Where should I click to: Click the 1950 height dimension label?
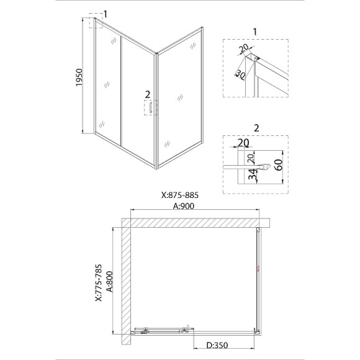coord(79,78)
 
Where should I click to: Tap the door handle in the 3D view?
coord(151,107)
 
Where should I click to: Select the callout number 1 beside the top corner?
coord(105,14)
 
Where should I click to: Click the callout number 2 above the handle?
coord(147,94)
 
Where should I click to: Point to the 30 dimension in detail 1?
coord(240,74)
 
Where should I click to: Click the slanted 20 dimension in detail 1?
coord(244,48)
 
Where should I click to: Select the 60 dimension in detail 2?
coord(279,165)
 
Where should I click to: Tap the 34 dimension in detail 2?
coord(253,174)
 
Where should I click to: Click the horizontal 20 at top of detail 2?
coord(243,143)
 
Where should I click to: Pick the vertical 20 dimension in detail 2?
coord(251,158)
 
